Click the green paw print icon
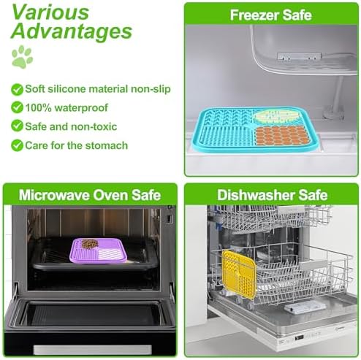coord(22,57)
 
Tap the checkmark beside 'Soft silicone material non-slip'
coord(17,90)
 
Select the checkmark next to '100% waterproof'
coord(17,107)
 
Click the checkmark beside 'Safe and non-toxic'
coord(17,126)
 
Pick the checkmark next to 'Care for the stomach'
coord(17,145)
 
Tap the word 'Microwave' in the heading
coord(54,195)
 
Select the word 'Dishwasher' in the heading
coord(256,195)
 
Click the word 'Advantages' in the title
coord(72,32)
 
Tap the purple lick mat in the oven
coord(99,250)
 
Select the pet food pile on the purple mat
coord(90,244)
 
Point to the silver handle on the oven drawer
coord(93,350)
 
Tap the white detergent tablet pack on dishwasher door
coord(305,307)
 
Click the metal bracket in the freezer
coord(299,56)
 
